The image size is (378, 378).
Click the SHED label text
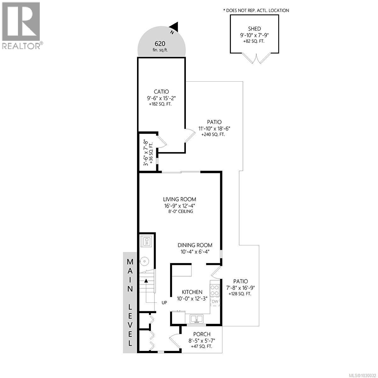coord(254,29)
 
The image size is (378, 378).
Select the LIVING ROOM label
coord(179,199)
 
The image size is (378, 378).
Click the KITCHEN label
coord(192,292)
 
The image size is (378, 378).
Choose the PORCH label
coord(202,334)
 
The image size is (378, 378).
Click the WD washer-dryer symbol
coord(146,242)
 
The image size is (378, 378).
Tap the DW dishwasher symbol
coord(215,302)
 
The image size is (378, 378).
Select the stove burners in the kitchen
coord(215,290)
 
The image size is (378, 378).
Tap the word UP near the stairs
coord(164,302)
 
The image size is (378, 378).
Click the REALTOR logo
coord(21,25)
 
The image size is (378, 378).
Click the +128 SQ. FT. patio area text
coord(240,294)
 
